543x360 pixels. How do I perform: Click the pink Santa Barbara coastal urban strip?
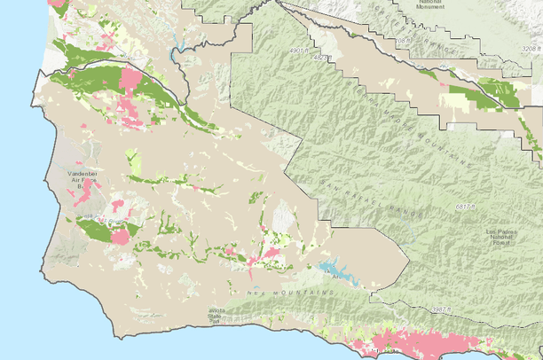tap(417, 343)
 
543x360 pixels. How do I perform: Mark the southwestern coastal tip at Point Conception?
tap(115, 336)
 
